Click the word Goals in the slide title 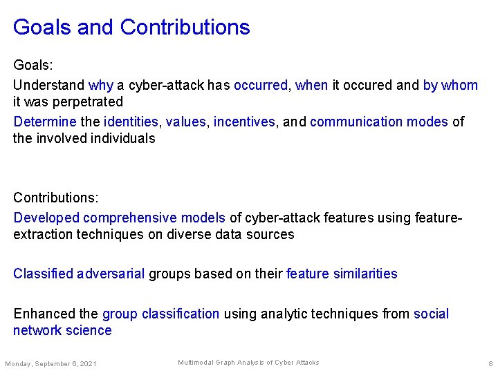(41, 28)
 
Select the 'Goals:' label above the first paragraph (33, 65)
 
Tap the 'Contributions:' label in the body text (57, 198)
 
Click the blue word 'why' (100, 85)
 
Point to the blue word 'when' (311, 85)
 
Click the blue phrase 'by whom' (450, 85)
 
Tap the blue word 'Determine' (45, 122)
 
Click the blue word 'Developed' (46, 218)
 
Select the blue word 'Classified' (43, 274)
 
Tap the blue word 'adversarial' (111, 274)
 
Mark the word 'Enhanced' (41, 314)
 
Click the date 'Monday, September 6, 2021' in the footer (50, 363)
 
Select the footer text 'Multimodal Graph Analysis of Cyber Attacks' (248, 363)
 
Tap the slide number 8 (490, 363)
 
